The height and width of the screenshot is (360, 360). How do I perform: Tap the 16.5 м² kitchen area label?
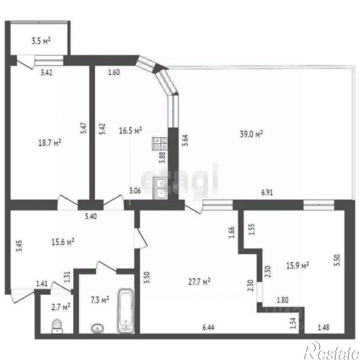pos(130,131)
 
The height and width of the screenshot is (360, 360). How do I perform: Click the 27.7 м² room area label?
pos(199,282)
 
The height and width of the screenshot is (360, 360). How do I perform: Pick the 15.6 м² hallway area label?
pos(63,242)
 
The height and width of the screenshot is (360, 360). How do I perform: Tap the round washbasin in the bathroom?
pos(97,328)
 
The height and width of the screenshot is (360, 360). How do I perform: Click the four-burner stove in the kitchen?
pos(159,144)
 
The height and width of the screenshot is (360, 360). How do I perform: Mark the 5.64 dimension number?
pos(185,141)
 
